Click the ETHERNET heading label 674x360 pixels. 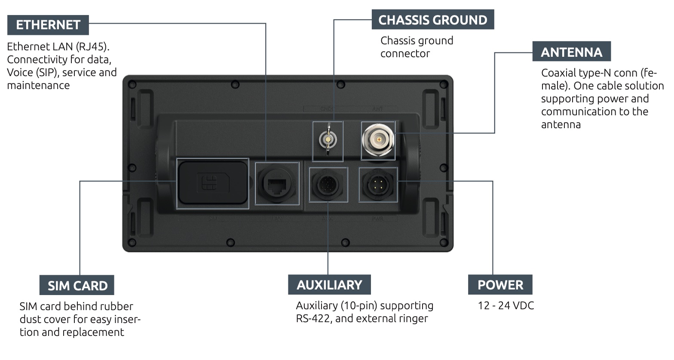(x=48, y=25)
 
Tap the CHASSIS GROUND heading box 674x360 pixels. (x=432, y=20)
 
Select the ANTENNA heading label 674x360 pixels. (x=571, y=52)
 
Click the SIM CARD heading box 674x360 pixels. (x=77, y=286)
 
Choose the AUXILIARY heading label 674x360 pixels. (x=329, y=285)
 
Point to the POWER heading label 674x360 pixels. (x=500, y=285)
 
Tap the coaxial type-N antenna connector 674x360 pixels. (x=378, y=141)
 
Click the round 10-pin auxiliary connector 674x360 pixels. (x=328, y=185)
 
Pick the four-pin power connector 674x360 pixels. (x=378, y=185)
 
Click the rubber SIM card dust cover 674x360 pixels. (x=213, y=183)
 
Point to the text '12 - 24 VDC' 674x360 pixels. (x=506, y=306)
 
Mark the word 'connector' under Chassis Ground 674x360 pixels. (x=405, y=54)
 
